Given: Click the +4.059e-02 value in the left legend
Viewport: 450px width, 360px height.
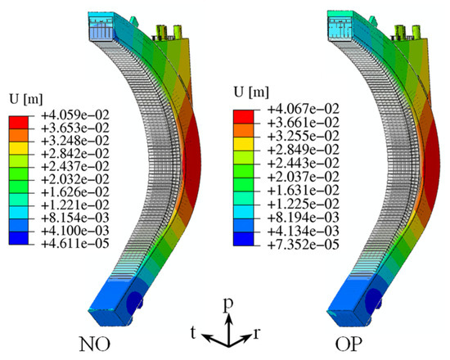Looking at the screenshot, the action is (75, 115).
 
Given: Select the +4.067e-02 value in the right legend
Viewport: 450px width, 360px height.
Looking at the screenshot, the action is (304, 109).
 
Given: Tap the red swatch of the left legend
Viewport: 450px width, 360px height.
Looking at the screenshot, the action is (19, 123).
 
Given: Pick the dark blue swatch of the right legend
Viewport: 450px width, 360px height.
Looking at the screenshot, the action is (243, 239).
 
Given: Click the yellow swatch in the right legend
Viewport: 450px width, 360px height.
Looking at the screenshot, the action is (243, 144).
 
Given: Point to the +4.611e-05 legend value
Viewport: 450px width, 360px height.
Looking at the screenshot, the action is (75, 244).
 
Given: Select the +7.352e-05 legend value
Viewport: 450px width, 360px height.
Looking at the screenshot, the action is (304, 245).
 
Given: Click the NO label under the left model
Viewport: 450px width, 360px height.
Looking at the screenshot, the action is (95, 344).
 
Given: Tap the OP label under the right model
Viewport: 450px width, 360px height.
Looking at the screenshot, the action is (349, 344).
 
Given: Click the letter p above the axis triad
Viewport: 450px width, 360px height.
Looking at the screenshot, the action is (228, 305).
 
